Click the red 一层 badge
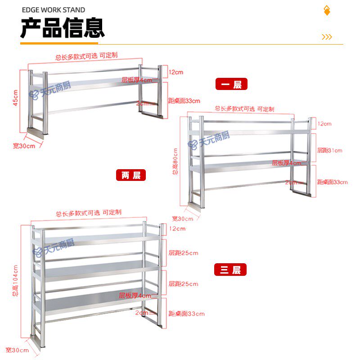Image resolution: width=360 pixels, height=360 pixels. (231, 84)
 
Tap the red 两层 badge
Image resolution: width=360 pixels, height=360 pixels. (131, 175)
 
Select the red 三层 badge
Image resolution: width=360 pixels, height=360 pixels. (230, 270)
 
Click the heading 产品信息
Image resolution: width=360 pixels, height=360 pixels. (63, 28)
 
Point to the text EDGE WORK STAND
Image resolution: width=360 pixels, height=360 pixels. (53, 9)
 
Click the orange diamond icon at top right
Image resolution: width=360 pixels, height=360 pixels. (327, 10)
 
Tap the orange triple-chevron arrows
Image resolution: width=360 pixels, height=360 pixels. (327, 37)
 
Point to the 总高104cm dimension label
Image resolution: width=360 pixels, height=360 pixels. (15, 283)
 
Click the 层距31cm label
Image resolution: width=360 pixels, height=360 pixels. (329, 150)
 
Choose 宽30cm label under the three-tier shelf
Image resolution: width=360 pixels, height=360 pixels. (17, 350)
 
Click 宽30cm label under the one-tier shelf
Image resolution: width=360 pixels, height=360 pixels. (24, 146)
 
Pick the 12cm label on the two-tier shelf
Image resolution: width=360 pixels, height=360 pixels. (324, 124)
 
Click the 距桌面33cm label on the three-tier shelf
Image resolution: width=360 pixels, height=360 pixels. (186, 314)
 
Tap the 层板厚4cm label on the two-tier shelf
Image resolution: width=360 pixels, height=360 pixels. (286, 163)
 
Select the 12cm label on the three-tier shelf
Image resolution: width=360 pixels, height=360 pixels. (177, 229)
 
